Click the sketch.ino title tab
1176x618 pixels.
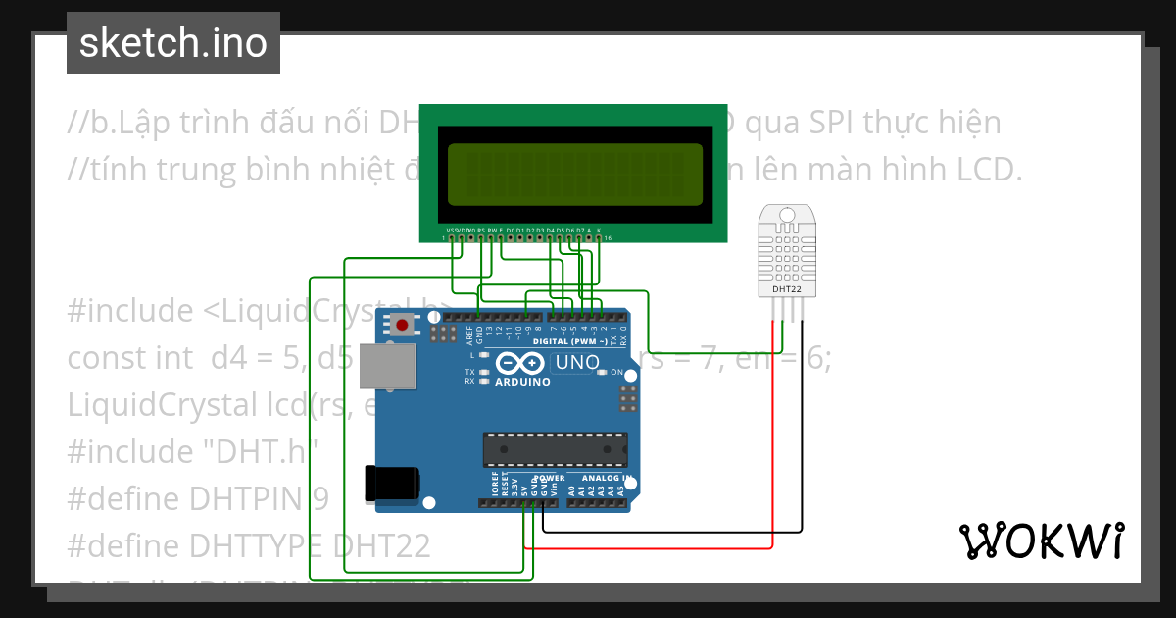pyautogui.click(x=173, y=43)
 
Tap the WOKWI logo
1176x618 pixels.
pyautogui.click(x=1041, y=541)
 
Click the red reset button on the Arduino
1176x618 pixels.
pyautogui.click(x=402, y=326)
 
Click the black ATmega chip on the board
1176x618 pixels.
pyautogui.click(x=555, y=449)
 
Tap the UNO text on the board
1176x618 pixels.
pyautogui.click(x=577, y=363)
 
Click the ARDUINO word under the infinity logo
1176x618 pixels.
pyautogui.click(x=522, y=382)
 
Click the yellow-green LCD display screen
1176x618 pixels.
pyautogui.click(x=575, y=175)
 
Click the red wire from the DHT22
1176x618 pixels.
pyautogui.click(x=773, y=441)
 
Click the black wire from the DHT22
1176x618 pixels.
pyautogui.click(x=803, y=441)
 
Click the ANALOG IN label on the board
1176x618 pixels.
pyautogui.click(x=600, y=478)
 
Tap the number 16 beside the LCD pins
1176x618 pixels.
pyautogui.click(x=609, y=237)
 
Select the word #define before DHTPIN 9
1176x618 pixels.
pyautogui.click(x=122, y=498)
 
